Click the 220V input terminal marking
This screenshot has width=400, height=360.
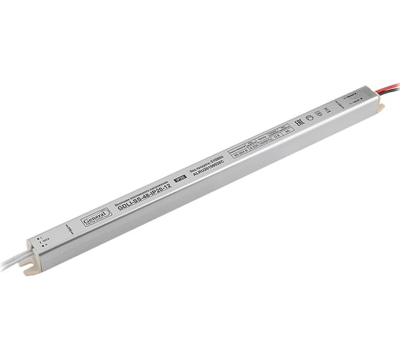tap(44, 245)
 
